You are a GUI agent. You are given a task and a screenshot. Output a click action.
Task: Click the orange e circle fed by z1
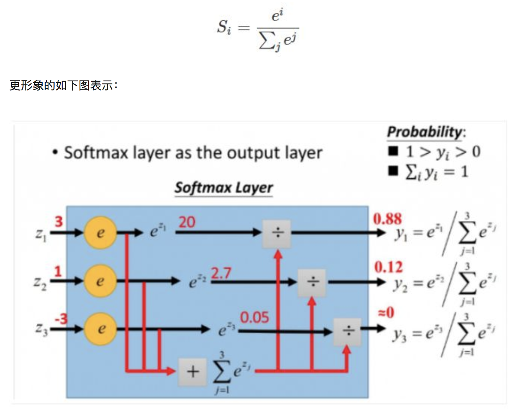point(100,232)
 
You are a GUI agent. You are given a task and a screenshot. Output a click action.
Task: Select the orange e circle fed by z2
point(100,281)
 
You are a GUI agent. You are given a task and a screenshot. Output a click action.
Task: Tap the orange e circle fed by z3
point(100,328)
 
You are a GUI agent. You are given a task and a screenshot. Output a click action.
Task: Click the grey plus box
point(193,372)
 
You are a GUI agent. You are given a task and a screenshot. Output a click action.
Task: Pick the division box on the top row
point(277,233)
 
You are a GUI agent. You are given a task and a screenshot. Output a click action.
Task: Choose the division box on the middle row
point(312,282)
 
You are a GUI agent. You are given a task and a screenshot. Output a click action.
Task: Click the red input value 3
point(58,222)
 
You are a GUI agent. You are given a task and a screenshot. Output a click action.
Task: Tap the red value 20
point(187,222)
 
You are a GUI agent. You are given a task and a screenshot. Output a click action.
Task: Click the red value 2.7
point(221,274)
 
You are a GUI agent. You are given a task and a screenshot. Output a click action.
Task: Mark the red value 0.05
point(254,318)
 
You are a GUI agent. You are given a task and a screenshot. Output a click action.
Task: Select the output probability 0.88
point(387,219)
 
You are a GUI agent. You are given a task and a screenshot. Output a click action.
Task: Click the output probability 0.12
point(389,267)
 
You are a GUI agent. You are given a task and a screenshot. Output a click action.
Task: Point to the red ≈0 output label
point(386,312)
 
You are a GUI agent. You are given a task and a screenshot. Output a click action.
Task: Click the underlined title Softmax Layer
point(223,188)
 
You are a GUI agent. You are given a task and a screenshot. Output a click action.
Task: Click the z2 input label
point(40,283)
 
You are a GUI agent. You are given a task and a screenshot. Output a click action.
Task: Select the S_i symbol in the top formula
point(224,27)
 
